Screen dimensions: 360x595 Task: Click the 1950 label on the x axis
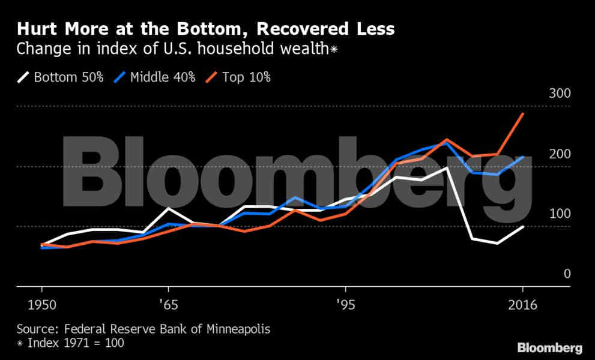41,305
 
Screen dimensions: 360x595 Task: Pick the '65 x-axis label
169,305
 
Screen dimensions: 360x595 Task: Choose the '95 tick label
345,305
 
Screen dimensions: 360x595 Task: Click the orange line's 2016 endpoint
524,113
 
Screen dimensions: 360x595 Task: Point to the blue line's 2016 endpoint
524,157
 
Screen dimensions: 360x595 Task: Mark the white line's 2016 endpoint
524,226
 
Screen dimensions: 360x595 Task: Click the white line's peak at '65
169,208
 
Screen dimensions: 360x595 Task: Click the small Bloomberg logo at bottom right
550,348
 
